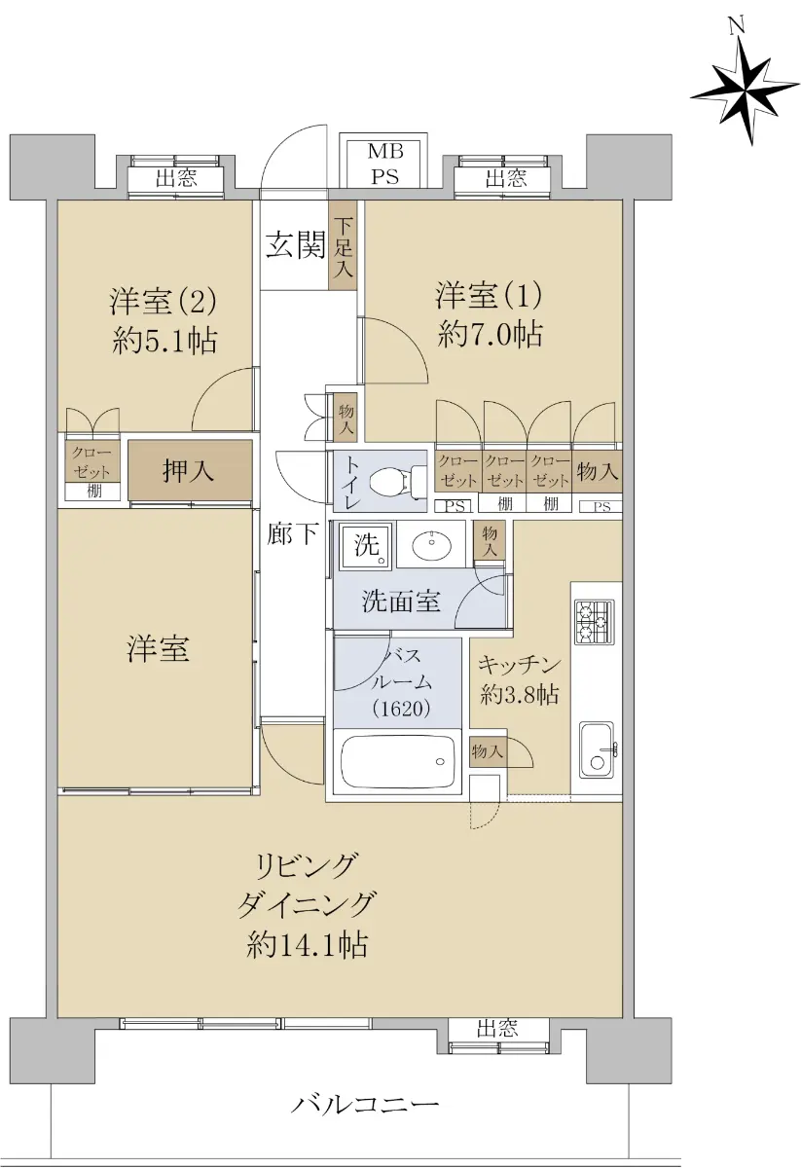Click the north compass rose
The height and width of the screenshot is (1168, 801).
click(x=746, y=90)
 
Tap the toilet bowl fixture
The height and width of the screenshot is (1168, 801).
click(x=397, y=480)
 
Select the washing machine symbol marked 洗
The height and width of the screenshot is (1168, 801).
click(x=366, y=546)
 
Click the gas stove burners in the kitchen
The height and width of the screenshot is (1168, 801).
click(x=595, y=622)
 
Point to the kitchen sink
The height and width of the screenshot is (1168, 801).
click(x=598, y=749)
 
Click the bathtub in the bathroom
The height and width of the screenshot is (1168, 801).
click(x=397, y=761)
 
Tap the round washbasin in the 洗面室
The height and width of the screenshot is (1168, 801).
click(x=431, y=546)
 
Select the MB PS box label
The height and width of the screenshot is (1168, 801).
click(x=384, y=164)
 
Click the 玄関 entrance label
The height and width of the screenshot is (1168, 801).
click(x=296, y=245)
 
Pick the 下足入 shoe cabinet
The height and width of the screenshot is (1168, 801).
click(x=343, y=246)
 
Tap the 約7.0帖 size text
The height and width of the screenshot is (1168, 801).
click(x=491, y=334)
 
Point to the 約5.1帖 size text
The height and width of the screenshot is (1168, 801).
click(x=164, y=342)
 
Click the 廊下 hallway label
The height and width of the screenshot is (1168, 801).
click(x=292, y=533)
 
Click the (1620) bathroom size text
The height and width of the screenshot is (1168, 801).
click(x=402, y=709)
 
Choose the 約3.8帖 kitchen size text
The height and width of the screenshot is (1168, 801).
click(x=520, y=695)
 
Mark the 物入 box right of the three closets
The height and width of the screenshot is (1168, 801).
click(x=598, y=471)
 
